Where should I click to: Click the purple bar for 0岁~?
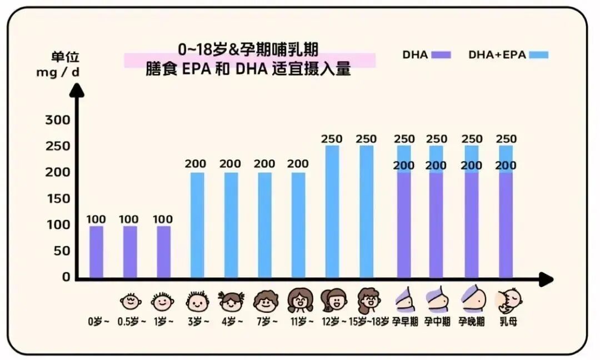pos(96,252)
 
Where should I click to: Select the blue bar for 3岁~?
pos(197,225)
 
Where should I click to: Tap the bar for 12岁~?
pos(332,212)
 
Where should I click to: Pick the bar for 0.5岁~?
pos(130,252)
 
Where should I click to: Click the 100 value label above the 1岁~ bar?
pos(163,219)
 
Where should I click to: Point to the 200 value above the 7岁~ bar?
pos(264,164)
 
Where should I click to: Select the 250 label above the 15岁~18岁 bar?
pos(366,139)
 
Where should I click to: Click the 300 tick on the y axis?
pos(58,120)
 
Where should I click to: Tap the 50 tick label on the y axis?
pos(62,251)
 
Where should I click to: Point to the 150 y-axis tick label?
pos(58,198)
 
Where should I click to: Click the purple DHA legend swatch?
pos(441,55)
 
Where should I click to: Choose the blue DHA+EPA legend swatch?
pos(539,55)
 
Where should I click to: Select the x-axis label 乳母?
pos(508,321)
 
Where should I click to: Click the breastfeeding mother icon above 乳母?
pos(509,301)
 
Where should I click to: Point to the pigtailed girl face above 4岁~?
pos(231,301)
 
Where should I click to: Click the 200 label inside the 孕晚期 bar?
pos(472,166)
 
